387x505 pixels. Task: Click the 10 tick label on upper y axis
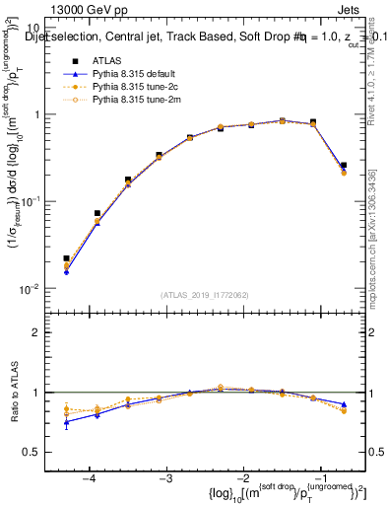(33, 28)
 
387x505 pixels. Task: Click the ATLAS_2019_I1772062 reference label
(204, 295)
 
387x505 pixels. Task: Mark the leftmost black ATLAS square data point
(66, 258)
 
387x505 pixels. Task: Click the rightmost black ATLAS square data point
(343, 166)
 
